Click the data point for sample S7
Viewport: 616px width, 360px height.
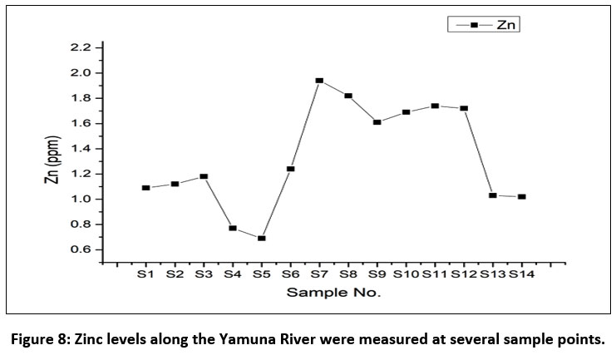[319, 81]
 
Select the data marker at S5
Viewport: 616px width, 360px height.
[261, 239]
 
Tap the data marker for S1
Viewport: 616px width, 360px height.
[145, 188]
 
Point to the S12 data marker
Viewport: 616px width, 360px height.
[464, 108]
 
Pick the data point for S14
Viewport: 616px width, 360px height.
[521, 197]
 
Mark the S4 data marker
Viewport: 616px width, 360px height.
[233, 228]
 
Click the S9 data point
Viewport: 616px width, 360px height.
[377, 122]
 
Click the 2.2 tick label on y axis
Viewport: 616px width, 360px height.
[80, 48]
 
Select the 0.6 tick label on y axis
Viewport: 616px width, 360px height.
[80, 249]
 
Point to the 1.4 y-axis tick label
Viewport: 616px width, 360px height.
[80, 149]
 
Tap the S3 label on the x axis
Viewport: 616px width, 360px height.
[203, 274]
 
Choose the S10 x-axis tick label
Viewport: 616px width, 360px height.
[406, 274]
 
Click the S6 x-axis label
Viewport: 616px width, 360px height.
[290, 274]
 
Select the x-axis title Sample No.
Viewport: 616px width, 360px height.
[333, 293]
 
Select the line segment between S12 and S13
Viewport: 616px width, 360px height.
[478, 151]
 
